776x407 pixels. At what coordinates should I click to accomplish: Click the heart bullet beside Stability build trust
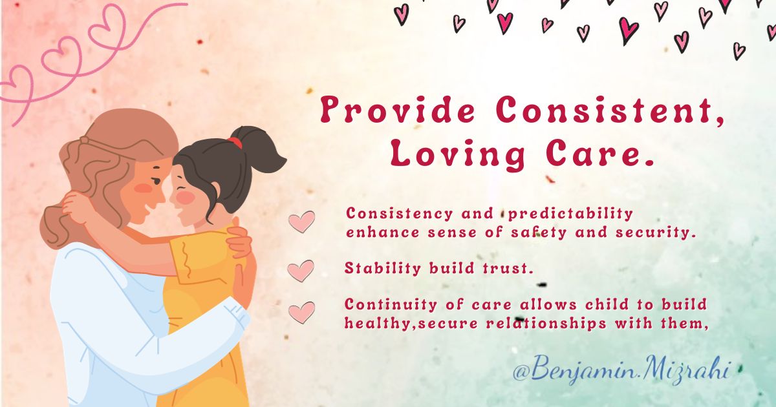[301, 271]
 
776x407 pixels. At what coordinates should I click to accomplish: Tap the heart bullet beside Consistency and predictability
[302, 222]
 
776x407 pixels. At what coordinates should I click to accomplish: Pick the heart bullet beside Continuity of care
[302, 313]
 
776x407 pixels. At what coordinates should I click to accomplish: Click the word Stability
[382, 269]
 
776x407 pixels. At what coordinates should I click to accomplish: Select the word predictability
[570, 214]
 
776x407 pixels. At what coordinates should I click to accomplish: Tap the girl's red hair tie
[235, 142]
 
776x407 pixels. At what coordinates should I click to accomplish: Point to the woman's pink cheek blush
[143, 188]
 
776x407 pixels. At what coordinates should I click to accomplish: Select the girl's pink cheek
[186, 197]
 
